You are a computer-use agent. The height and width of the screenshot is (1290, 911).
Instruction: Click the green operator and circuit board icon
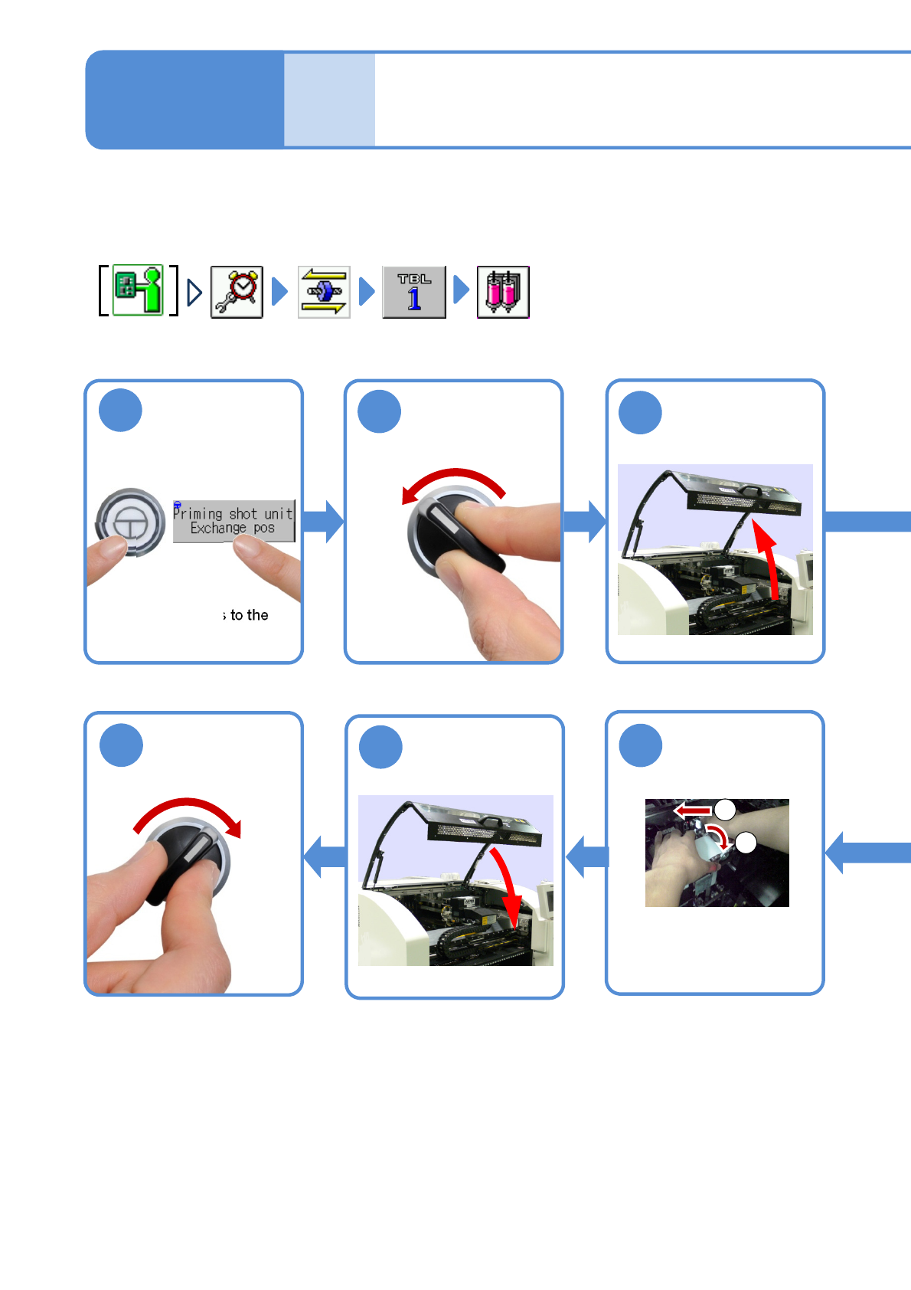pos(139,290)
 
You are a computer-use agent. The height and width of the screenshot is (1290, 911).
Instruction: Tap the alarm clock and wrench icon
pos(237,292)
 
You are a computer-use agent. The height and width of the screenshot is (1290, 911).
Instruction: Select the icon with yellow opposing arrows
pos(324,292)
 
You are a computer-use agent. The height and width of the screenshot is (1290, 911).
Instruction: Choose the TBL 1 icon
pos(413,292)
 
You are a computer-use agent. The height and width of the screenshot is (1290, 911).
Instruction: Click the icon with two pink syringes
pos(503,292)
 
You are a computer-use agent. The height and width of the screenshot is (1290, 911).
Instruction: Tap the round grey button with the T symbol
pos(131,522)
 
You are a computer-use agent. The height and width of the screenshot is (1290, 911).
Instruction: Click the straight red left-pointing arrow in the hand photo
pos(692,810)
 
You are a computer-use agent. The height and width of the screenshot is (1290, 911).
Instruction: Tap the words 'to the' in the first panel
pos(249,615)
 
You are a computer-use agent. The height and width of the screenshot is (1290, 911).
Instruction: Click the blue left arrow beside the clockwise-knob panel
pos(325,856)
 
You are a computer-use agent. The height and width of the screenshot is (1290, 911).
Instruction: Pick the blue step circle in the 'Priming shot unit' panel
pos(120,411)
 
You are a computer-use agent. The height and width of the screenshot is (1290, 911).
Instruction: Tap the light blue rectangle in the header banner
pos(329,100)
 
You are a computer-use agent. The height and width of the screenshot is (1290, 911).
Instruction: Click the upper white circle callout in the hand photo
pos(725,810)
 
